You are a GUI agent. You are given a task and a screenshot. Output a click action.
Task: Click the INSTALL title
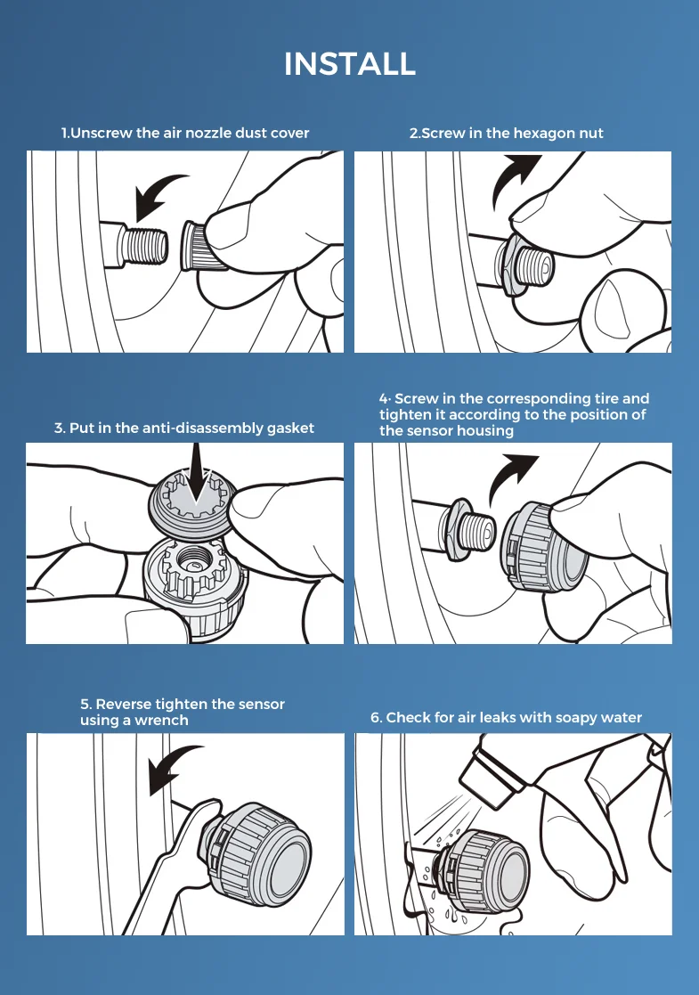tap(349, 64)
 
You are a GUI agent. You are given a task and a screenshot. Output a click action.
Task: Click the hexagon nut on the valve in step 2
tap(509, 267)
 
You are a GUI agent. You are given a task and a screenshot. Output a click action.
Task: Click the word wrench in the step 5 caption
tap(160, 721)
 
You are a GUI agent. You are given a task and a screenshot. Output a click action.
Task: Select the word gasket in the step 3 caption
tap(290, 428)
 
